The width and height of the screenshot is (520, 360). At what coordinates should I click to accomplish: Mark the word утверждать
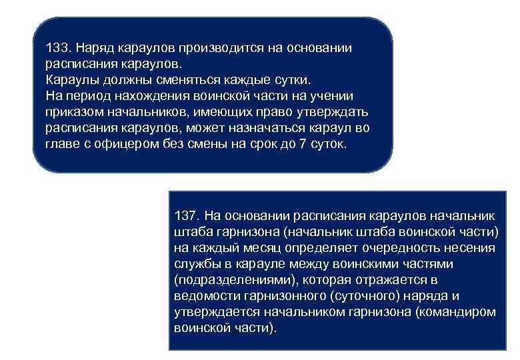[x=336, y=112]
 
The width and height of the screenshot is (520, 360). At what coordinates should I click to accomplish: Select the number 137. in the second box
[x=186, y=216]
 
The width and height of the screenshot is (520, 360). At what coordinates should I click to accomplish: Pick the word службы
[x=193, y=264]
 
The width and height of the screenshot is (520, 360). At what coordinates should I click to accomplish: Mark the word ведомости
[x=202, y=296]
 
